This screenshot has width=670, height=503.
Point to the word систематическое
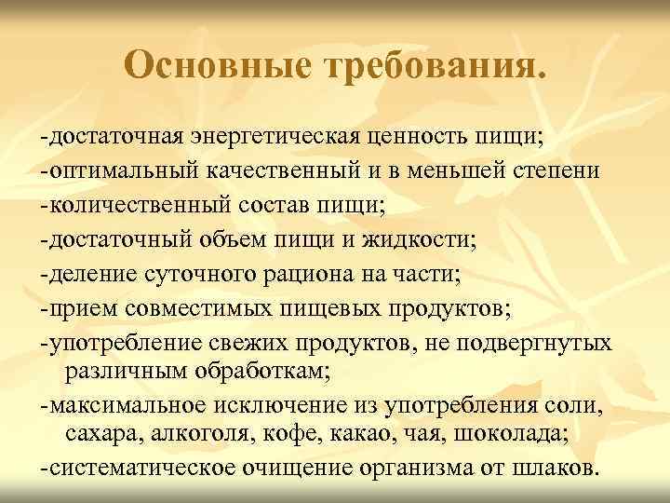[130, 467]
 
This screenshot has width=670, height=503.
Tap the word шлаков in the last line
[554, 467]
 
